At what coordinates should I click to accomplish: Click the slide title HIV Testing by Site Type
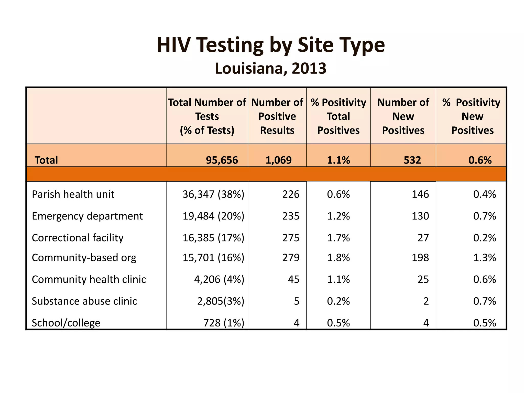point(270,45)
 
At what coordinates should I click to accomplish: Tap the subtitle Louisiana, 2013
point(270,69)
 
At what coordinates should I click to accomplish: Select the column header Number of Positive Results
point(277,116)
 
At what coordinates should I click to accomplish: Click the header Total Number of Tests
point(207,116)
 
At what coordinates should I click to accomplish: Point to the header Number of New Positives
point(403,116)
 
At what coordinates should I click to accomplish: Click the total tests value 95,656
point(222,160)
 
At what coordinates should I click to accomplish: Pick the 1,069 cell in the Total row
point(278,160)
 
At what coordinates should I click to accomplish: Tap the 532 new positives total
point(412,160)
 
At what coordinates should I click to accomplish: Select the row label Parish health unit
point(73,194)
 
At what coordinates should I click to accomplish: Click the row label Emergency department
point(87,216)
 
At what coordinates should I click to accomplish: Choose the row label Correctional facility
point(78,238)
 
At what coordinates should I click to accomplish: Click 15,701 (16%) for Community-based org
point(213,258)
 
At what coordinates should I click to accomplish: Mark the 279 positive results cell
point(291,258)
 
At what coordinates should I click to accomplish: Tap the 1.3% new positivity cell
point(484,258)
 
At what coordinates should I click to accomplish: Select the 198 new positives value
point(420,258)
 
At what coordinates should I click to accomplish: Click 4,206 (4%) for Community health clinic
point(219,279)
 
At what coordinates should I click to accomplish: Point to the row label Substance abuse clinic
point(84,301)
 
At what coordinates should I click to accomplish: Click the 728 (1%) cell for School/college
point(224,323)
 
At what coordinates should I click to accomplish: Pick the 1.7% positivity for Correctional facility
point(338,238)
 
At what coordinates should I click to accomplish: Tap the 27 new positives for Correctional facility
point(423,238)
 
